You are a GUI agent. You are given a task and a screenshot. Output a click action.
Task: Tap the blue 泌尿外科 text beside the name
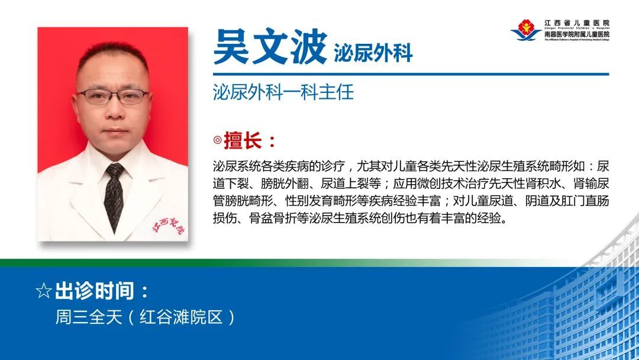(373, 53)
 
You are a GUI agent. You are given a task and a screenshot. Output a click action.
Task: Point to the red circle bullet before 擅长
(217, 142)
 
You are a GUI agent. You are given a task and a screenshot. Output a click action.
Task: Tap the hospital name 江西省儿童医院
(576, 22)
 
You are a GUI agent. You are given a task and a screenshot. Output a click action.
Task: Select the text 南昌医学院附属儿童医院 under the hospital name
(576, 34)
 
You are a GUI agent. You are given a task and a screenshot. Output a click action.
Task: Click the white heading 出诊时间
(101, 291)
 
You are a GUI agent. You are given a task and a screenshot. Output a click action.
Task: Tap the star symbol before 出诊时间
(43, 291)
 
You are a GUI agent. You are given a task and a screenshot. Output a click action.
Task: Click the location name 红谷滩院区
(180, 317)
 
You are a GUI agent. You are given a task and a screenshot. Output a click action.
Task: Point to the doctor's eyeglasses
(113, 97)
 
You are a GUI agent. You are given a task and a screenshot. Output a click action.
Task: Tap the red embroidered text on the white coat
(169, 228)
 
